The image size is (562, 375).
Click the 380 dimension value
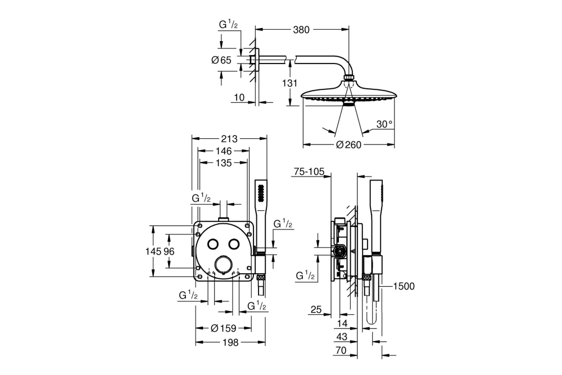coord(302,30)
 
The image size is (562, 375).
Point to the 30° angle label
coord(384,125)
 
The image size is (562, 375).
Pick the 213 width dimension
coord(228,139)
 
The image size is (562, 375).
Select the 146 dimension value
coord(224,151)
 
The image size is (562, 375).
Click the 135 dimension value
coord(224,162)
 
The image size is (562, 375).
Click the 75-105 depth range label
coord(309,173)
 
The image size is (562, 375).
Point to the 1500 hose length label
coord(404,287)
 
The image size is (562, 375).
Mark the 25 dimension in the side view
coord(315,309)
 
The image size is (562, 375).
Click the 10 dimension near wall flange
coord(238,98)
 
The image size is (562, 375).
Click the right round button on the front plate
coord(233,244)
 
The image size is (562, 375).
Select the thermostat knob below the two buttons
coord(224,264)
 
